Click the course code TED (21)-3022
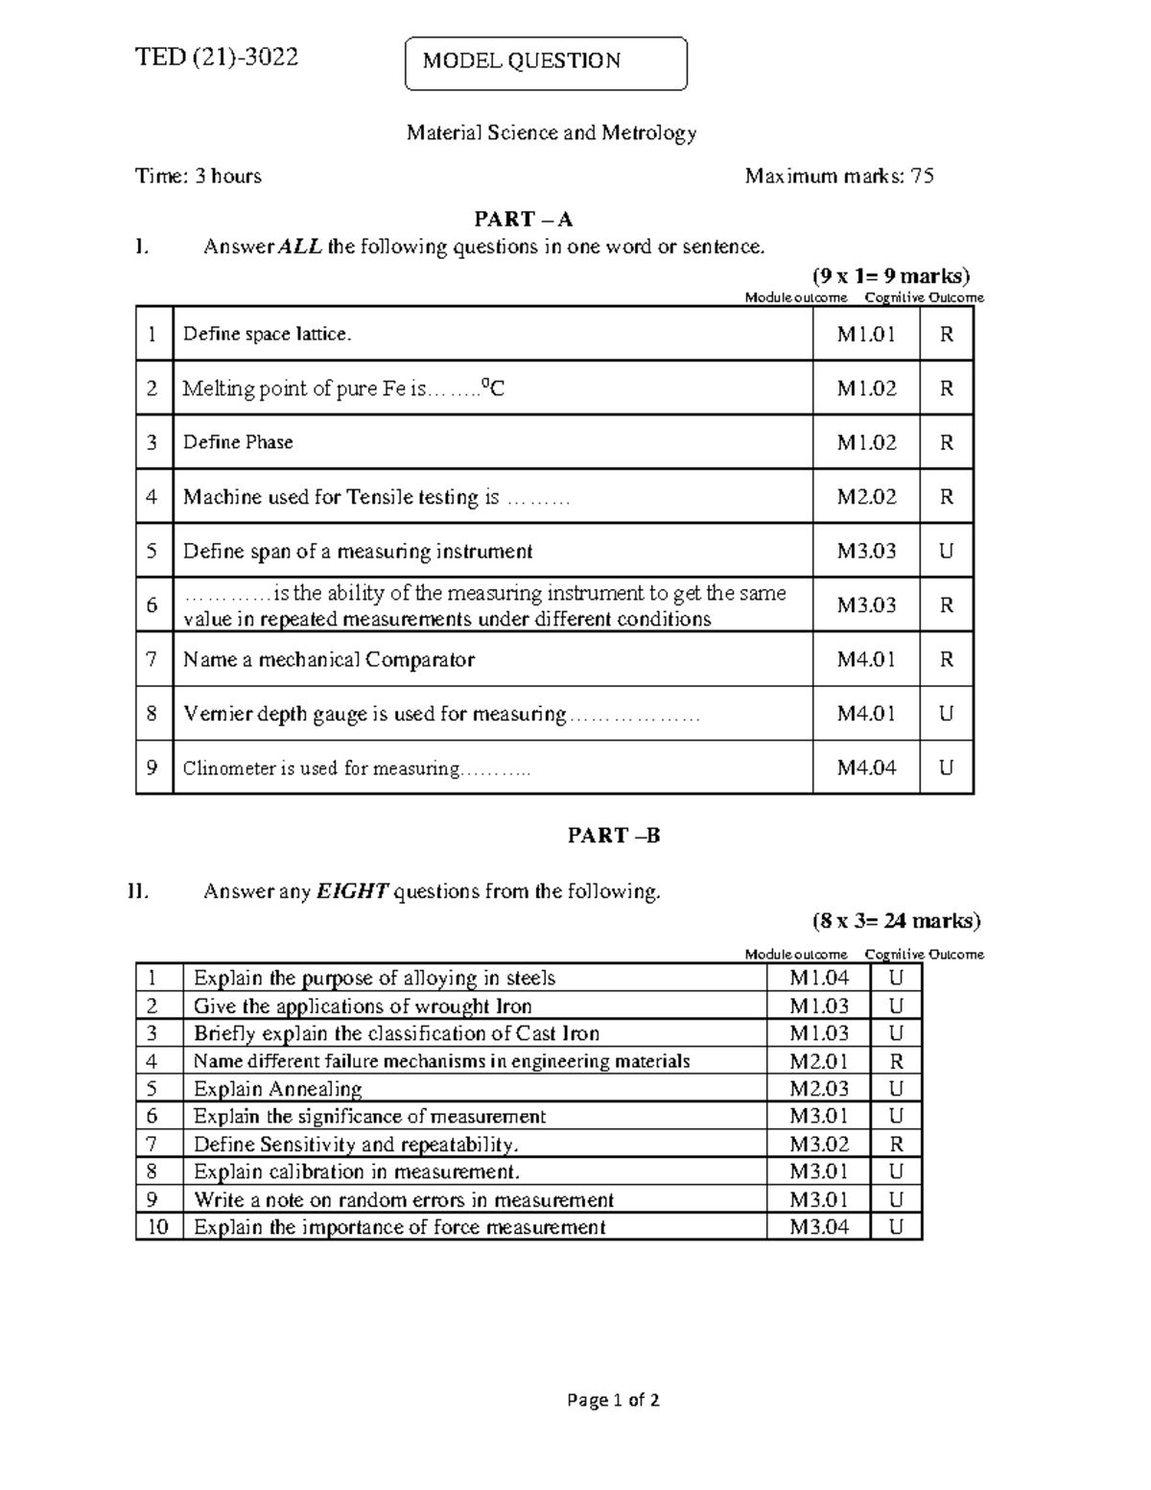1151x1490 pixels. (x=217, y=58)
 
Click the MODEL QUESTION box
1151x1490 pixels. (x=546, y=62)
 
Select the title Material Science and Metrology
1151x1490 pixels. (x=552, y=133)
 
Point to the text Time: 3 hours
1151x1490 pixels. (x=199, y=177)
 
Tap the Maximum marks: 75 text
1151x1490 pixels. (x=839, y=177)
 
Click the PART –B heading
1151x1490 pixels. (x=614, y=836)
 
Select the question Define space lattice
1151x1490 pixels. (x=268, y=334)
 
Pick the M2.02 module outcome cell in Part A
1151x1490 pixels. (x=866, y=497)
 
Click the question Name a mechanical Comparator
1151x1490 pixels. (x=329, y=660)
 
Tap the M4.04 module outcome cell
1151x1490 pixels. (x=866, y=768)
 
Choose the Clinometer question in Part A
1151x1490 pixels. (x=356, y=769)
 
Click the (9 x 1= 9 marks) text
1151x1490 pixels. (x=891, y=276)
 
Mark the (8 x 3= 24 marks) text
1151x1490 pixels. (x=896, y=922)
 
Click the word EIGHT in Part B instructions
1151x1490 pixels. (x=352, y=892)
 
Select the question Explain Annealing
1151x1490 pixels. (x=277, y=1089)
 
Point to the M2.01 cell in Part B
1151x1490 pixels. (x=819, y=1061)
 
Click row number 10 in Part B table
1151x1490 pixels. (x=158, y=1227)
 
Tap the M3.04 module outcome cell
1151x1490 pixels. (x=819, y=1227)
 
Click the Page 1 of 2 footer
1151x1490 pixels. (x=613, y=1401)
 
